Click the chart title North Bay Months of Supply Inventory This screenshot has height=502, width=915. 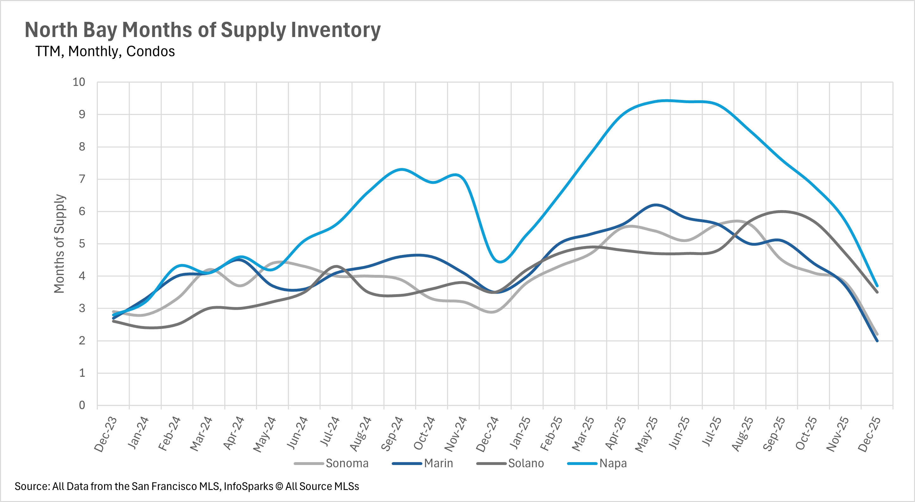pos(202,30)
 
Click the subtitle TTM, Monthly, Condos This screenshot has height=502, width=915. pos(105,52)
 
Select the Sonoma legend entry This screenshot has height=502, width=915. pos(347,463)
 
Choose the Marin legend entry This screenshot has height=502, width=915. pos(438,463)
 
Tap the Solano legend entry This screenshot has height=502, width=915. pos(526,463)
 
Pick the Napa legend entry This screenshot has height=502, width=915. pos(613,463)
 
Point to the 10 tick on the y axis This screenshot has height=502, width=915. pos(79,82)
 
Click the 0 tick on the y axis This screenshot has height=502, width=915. pos(82,405)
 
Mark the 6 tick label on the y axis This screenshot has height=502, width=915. pos(82,211)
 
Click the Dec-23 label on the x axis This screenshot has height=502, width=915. pos(105,435)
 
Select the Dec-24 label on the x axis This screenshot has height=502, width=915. pos(487,435)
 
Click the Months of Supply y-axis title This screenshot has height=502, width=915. pos(59,244)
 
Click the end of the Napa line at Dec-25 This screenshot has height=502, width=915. pos(877,286)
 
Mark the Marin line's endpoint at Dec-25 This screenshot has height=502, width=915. pos(877,341)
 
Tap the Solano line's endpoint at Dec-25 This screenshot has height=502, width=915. pos(877,292)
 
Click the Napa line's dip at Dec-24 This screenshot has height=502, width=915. pos(500,262)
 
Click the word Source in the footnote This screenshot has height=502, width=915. pos(32,487)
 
